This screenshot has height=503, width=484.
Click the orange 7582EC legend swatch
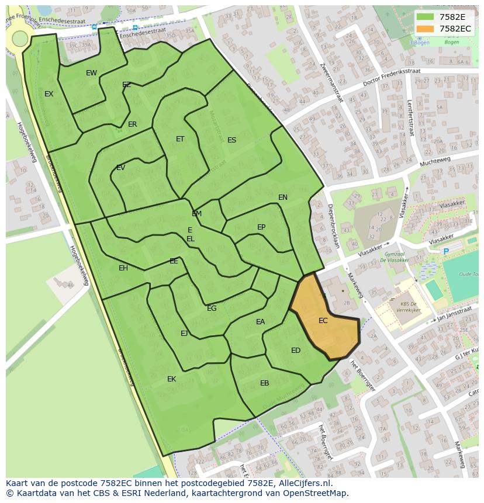[x=426, y=29]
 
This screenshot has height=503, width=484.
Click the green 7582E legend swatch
[x=426, y=17]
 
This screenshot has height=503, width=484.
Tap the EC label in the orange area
[x=323, y=321]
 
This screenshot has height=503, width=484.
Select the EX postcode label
[x=49, y=94]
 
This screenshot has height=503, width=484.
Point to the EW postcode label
[x=91, y=73]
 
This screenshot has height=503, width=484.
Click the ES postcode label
[x=231, y=140]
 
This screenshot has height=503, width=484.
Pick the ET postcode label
[x=180, y=139]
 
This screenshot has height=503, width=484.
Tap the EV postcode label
[x=120, y=168]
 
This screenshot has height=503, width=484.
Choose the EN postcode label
[x=283, y=197]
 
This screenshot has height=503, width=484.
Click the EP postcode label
[x=261, y=227]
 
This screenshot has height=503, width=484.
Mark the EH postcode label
[x=123, y=268]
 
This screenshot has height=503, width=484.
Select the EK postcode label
[x=171, y=379]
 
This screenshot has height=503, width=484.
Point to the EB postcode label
[x=265, y=383]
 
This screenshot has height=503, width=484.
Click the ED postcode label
[x=296, y=351]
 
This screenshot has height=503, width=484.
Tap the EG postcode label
[x=212, y=308]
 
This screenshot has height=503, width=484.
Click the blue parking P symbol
[x=446, y=251]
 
